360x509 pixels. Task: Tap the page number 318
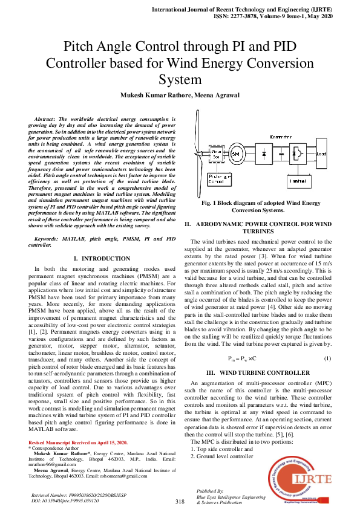point(180,501)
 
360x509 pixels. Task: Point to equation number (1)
point(327,358)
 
